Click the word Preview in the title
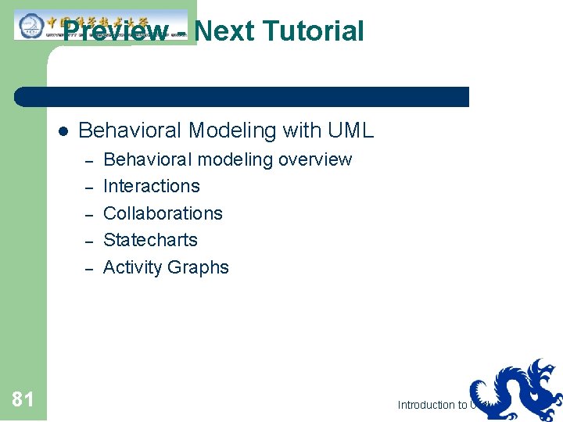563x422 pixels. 115,31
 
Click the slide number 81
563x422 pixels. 23,400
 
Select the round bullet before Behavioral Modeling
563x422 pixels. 63,131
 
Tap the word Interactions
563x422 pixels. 152,186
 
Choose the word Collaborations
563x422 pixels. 163,213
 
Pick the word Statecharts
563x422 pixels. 150,240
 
